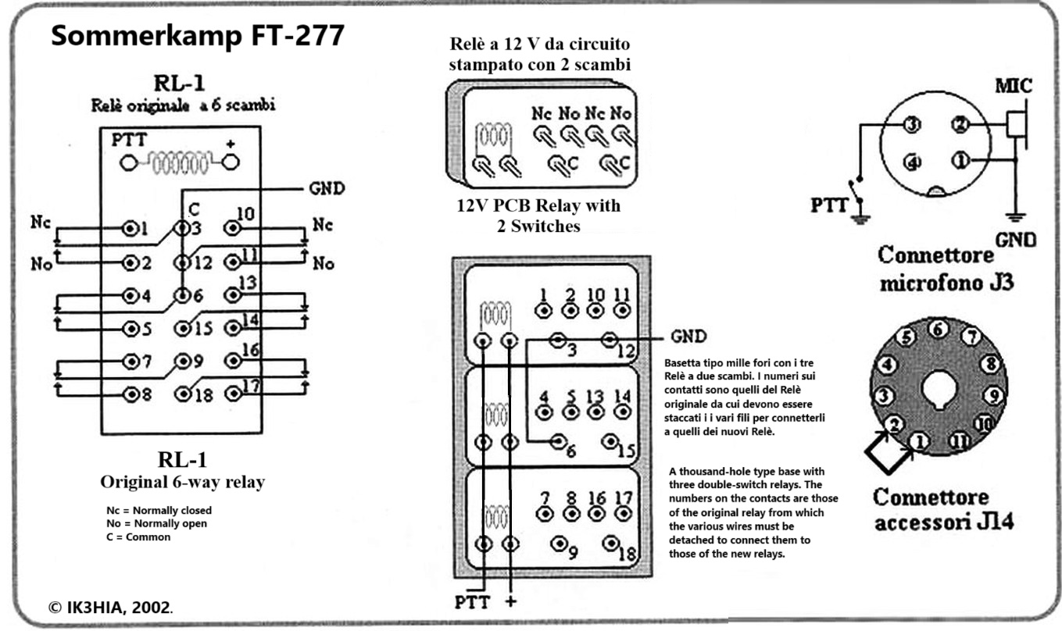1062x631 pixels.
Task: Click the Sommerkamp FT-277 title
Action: (x=197, y=36)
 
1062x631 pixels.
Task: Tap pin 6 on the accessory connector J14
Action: (x=938, y=330)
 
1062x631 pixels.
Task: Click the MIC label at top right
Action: (x=1013, y=86)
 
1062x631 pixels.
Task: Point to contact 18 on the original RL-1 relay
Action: (x=184, y=394)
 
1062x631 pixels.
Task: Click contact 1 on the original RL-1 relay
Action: (x=131, y=229)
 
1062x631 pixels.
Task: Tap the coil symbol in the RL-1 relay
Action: (x=180, y=163)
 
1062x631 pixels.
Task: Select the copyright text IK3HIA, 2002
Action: (x=110, y=607)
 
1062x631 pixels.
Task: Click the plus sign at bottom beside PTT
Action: (x=511, y=602)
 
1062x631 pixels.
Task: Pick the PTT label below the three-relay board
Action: (x=474, y=602)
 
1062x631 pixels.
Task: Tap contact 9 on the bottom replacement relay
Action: (x=560, y=544)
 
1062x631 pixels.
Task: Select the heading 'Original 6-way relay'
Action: (x=181, y=482)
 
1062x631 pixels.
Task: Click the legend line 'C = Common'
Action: (x=138, y=537)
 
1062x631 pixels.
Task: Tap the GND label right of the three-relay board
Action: (x=688, y=337)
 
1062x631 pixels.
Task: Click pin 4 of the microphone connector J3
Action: (x=910, y=162)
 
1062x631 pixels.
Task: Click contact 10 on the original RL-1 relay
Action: (x=232, y=228)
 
